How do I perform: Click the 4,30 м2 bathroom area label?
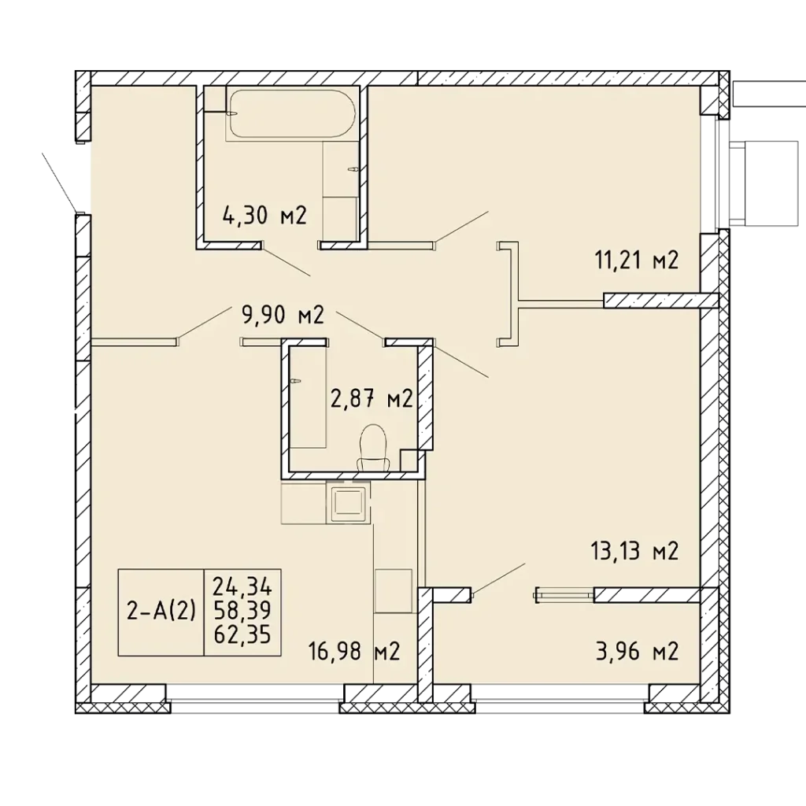click(264, 215)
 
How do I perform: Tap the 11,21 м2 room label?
click(637, 260)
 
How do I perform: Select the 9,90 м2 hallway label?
click(283, 315)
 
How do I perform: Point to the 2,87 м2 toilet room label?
click(372, 398)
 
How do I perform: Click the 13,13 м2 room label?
click(634, 551)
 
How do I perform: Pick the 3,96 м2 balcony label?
click(638, 651)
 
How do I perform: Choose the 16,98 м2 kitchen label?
click(354, 652)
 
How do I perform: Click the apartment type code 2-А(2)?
click(161, 611)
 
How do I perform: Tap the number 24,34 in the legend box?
click(242, 586)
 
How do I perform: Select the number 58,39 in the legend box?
click(242, 611)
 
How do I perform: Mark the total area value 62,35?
click(242, 635)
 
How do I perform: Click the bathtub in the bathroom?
click(291, 113)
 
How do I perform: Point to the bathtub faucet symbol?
click(232, 113)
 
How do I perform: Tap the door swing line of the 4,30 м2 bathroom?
click(287, 261)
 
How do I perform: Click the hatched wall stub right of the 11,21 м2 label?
click(660, 300)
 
